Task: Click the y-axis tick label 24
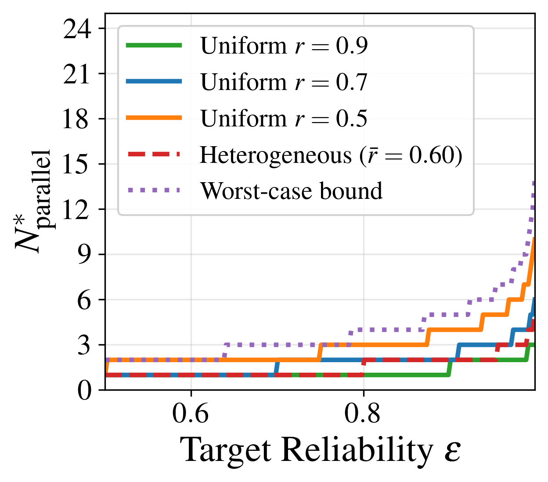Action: tap(77, 29)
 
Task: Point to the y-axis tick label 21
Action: tap(77, 74)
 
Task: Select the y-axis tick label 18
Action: tap(77, 119)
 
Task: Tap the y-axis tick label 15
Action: tap(77, 165)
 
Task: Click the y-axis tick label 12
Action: tap(77, 210)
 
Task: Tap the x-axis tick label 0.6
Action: tap(191, 414)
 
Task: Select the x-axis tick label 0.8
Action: tap(363, 414)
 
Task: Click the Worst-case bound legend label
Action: tap(292, 191)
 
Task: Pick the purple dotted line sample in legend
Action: tap(154, 190)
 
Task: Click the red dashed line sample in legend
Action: tap(154, 154)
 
